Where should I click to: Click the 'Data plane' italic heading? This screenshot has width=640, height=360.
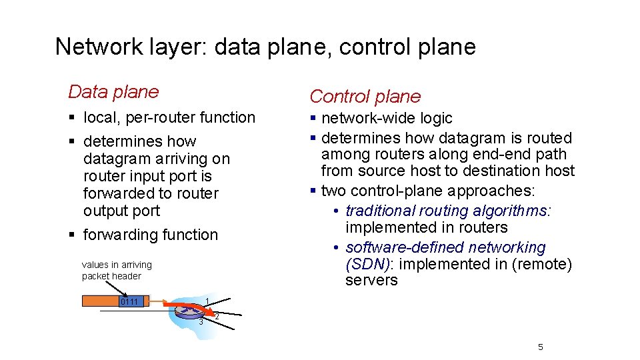pos(113,92)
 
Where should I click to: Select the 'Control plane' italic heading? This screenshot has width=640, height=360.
pos(365,97)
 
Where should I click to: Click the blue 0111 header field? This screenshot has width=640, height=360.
pos(129,301)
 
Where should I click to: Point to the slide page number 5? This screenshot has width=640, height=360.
pos(541,347)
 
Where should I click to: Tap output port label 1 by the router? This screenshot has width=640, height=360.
pos(208,300)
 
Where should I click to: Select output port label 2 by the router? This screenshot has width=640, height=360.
pos(217,315)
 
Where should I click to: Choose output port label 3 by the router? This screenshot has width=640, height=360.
pos(200,323)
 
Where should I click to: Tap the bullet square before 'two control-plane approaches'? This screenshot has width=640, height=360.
pos(313,191)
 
